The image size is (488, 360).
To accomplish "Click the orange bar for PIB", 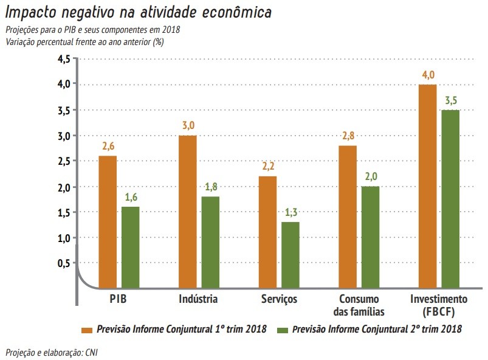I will pyautogui.click(x=108, y=221).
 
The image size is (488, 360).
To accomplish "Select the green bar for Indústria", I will pyautogui.click(x=211, y=241).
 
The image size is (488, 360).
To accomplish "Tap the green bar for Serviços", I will pyautogui.click(x=290, y=254).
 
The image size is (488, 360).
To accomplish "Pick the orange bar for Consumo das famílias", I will pyautogui.click(x=348, y=216).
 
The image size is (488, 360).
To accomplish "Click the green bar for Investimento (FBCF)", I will pyautogui.click(x=450, y=198).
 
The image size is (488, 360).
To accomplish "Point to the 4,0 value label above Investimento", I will pyautogui.click(x=428, y=75).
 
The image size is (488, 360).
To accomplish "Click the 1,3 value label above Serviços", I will pyautogui.click(x=290, y=212).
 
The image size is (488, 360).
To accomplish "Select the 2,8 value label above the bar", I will pyautogui.click(x=348, y=136).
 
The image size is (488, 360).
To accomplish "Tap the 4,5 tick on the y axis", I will pyautogui.click(x=64, y=59).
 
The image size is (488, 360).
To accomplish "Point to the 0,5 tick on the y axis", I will pyautogui.click(x=64, y=263).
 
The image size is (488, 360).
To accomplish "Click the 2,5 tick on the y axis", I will pyautogui.click(x=64, y=161).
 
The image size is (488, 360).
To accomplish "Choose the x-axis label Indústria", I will pyautogui.click(x=198, y=299).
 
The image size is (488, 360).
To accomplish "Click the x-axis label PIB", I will pyautogui.click(x=118, y=299).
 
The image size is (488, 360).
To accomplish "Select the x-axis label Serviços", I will pyautogui.click(x=279, y=299).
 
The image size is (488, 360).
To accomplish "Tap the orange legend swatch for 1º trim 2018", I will pyautogui.click(x=86, y=329).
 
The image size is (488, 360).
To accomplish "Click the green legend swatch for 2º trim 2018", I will pyautogui.click(x=281, y=329).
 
